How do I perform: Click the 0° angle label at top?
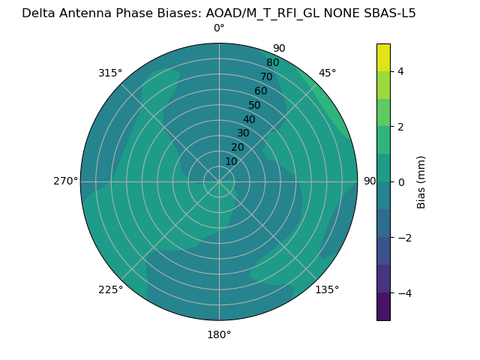tap(219, 28)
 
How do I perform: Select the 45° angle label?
tap(327, 73)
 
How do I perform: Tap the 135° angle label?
tap(327, 289)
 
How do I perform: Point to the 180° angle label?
tap(219, 334)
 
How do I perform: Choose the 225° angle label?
tap(110, 289)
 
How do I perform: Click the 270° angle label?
tap(65, 181)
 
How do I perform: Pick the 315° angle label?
tap(110, 73)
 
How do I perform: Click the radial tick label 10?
tap(231, 161)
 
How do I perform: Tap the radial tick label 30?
tap(243, 133)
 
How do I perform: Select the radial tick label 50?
tap(255, 106)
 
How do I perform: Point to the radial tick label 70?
tap(266, 77)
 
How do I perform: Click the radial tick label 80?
tap(272, 63)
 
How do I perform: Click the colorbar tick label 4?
tap(400, 71)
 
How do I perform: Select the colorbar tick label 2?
tap(400, 127)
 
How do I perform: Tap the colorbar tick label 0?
tap(400, 182)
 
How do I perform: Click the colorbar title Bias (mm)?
tap(421, 182)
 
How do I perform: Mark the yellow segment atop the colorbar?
tap(383, 58)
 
